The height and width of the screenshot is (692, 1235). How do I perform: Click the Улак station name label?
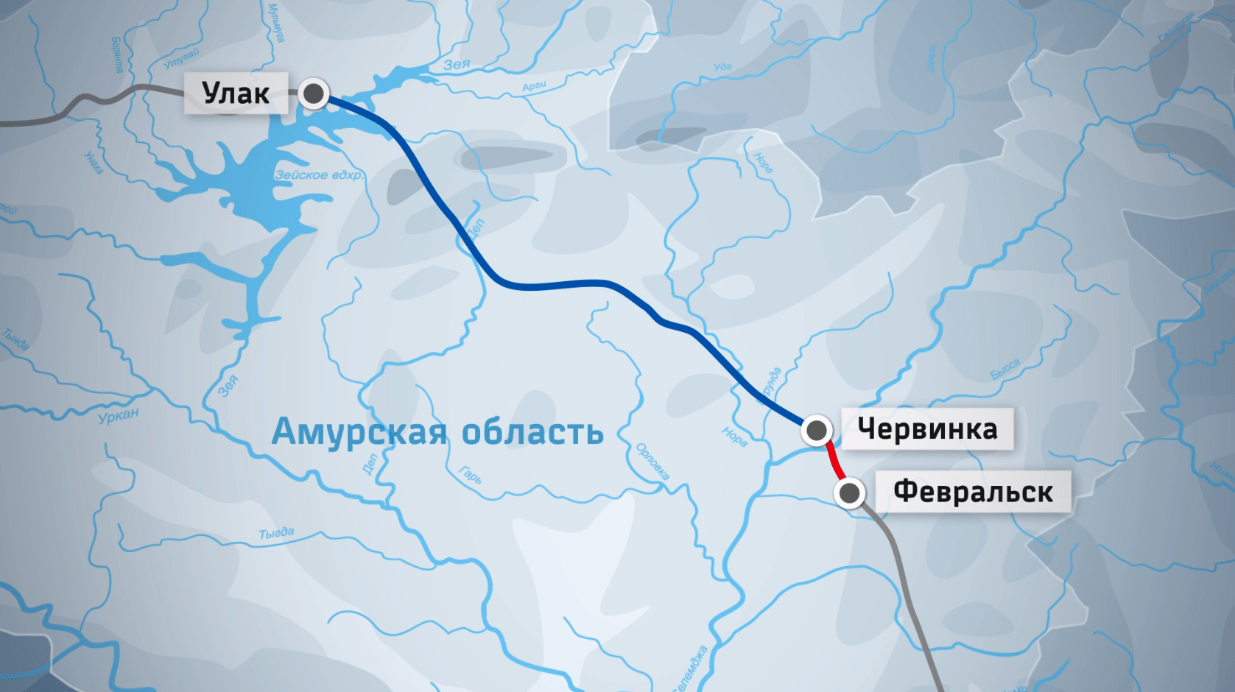tap(236, 93)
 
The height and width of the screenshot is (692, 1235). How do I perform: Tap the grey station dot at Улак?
tap(314, 93)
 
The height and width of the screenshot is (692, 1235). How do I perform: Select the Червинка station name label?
tap(927, 428)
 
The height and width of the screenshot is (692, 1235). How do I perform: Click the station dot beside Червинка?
tap(816, 430)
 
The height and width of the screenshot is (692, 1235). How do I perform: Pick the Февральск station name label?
tap(973, 492)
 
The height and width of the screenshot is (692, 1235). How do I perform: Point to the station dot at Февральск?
tap(849, 492)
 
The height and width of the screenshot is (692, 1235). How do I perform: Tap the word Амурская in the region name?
tap(359, 432)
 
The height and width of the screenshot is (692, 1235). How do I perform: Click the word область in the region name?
tap(532, 432)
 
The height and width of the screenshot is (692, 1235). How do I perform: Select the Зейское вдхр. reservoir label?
tap(319, 175)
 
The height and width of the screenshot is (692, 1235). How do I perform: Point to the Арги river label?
tap(534, 87)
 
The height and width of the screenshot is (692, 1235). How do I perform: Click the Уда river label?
tap(722, 67)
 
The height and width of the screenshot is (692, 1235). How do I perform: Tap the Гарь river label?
tap(470, 475)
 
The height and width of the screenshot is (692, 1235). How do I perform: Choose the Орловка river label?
tap(652, 462)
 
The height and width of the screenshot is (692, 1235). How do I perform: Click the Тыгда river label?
tap(276, 533)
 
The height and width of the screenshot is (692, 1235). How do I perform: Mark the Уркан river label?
tap(119, 416)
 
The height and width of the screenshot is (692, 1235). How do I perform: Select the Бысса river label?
tap(1005, 369)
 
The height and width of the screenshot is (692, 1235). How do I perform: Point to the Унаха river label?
tap(94, 162)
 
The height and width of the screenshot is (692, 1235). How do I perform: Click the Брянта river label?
tap(117, 55)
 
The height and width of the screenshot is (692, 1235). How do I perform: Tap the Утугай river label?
tap(181, 58)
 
